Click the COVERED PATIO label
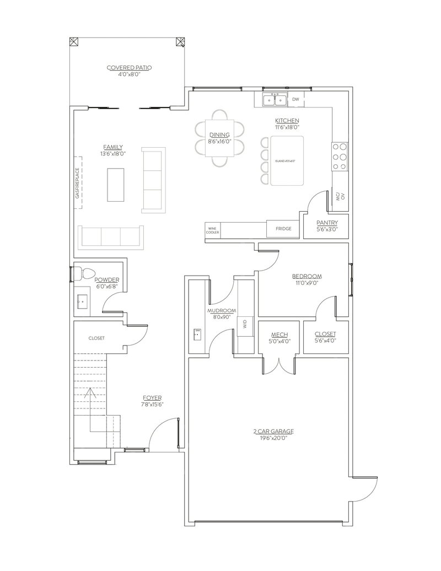pyautogui.click(x=130, y=68)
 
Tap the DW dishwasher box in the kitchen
pyautogui.click(x=295, y=100)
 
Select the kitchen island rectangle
pyautogui.click(x=286, y=160)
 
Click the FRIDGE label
pyautogui.click(x=283, y=229)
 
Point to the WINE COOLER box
pyautogui.click(x=213, y=230)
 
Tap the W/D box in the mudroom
pyautogui.click(x=245, y=326)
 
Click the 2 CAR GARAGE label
pyautogui.click(x=270, y=431)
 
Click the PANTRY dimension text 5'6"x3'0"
pyautogui.click(x=327, y=229)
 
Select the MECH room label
pyautogui.click(x=277, y=335)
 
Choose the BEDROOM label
pyautogui.click(x=307, y=276)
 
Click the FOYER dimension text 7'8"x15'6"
pyautogui.click(x=152, y=404)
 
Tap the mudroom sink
pyautogui.click(x=197, y=333)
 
